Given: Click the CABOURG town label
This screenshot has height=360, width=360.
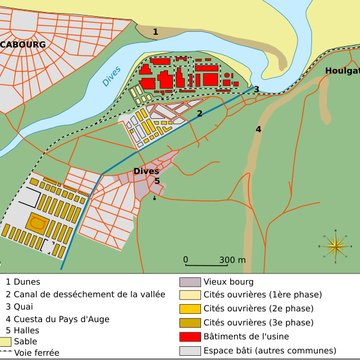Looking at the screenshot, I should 21,45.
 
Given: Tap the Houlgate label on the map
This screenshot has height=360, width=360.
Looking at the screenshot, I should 340,71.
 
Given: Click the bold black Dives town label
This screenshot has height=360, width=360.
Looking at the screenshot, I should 146,171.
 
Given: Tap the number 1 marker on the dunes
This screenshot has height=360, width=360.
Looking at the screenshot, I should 154,31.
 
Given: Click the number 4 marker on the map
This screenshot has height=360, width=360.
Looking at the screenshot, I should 258,129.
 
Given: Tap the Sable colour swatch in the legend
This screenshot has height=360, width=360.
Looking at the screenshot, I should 6,340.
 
